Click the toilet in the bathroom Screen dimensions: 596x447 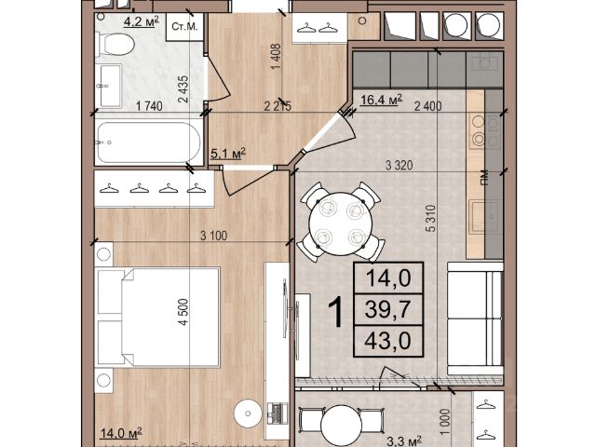115,45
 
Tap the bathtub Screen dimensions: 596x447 148,142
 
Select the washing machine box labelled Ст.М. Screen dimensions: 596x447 184,27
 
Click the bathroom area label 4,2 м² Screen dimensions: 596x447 141,21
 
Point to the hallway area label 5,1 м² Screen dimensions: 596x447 228,154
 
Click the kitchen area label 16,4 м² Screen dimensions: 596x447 381,100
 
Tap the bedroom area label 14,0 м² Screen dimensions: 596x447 121,432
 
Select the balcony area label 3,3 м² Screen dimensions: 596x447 404,441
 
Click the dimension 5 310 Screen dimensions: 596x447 430,218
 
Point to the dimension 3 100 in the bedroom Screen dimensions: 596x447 213,236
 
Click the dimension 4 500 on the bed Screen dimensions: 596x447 183,312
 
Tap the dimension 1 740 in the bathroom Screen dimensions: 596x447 149,106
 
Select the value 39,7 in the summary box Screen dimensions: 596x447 387,309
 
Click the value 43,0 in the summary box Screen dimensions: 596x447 387,341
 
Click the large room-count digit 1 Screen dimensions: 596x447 336,312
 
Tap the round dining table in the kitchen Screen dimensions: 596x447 339,223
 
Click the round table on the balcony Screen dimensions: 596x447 342,425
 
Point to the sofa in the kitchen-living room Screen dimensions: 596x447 475,318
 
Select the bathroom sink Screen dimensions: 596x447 109,86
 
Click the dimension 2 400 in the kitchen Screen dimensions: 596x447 428,106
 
